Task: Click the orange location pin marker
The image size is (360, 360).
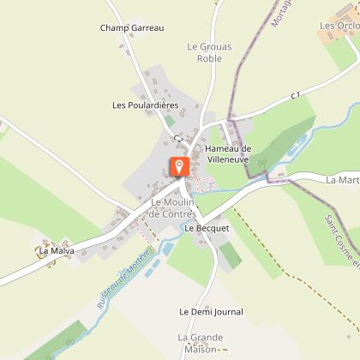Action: coord(179,167)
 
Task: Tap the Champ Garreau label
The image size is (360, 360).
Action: coord(131,28)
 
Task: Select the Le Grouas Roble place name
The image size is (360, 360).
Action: coord(204,53)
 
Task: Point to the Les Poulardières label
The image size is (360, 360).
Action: coord(145,105)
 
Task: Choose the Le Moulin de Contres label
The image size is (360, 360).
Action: coord(173,207)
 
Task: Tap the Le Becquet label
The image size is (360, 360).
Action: coord(207,229)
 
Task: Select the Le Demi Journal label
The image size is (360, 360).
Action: coord(211,312)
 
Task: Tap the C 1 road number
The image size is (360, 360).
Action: coord(296,94)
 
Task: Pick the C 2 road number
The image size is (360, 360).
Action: coord(178,138)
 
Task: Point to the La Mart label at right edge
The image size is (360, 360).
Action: coord(343,180)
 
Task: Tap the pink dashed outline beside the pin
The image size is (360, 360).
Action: coord(206,183)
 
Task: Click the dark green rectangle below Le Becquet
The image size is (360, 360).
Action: coord(230,255)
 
